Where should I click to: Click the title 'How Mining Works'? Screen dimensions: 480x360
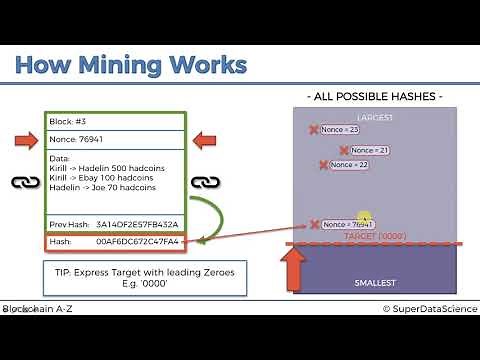[130, 67]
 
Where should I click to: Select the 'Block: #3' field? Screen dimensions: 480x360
[70, 121]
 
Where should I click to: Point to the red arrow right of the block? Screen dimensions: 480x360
[205, 140]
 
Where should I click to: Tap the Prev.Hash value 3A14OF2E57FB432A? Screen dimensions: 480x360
[137, 224]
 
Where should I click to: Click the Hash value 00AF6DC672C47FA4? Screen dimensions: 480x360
[138, 241]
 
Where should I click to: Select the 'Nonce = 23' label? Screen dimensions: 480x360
[339, 130]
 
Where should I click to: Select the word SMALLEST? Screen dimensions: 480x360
[376, 283]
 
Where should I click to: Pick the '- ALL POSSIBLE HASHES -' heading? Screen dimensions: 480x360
[374, 96]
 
